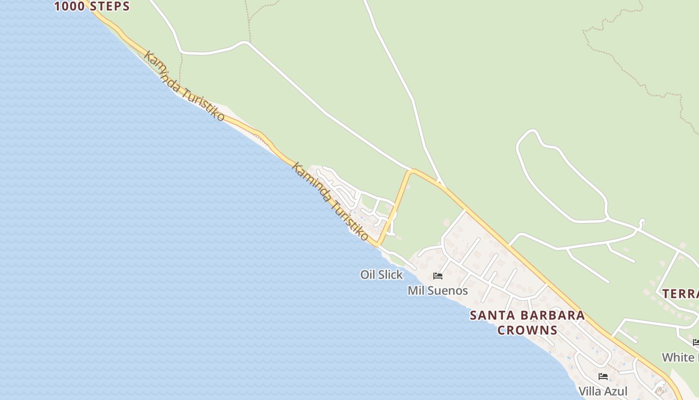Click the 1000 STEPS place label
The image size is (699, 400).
pyautogui.click(x=92, y=6)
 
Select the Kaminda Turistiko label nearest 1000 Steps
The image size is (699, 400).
pyautogui.click(x=184, y=85)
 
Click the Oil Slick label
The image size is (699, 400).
pyautogui.click(x=381, y=274)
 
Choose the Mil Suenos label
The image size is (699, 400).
pyautogui.click(x=437, y=290)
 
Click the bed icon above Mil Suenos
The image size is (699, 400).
pyautogui.click(x=438, y=276)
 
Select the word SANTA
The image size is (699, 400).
pyautogui.click(x=492, y=315)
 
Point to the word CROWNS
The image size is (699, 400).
pyautogui.click(x=527, y=330)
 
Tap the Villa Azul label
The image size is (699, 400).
pyautogui.click(x=603, y=391)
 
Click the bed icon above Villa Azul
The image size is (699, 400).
pyautogui.click(x=603, y=376)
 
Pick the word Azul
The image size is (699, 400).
pyautogui.click(x=617, y=391)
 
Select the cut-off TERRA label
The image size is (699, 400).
pyautogui.click(x=680, y=294)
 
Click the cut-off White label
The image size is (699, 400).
pyautogui.click(x=679, y=357)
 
